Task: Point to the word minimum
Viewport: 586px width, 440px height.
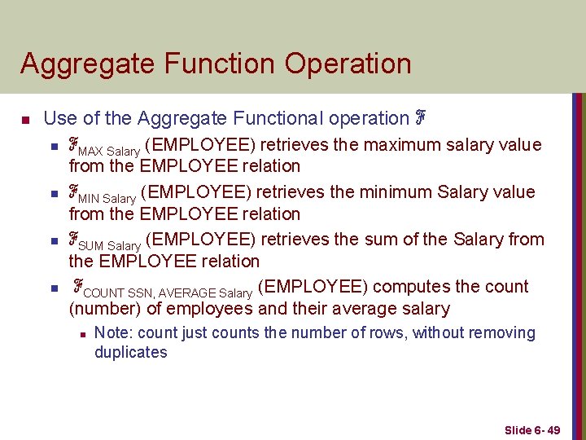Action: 396,192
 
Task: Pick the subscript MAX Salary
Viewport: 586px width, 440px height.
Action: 108,152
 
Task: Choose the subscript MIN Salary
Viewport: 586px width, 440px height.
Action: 107,199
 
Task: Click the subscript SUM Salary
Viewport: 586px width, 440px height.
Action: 108,246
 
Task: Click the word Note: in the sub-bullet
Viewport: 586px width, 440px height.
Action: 113,333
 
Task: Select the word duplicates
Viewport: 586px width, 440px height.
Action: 130,353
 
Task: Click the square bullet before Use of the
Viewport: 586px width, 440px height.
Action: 25,120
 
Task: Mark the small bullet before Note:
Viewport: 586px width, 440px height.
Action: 81,334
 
